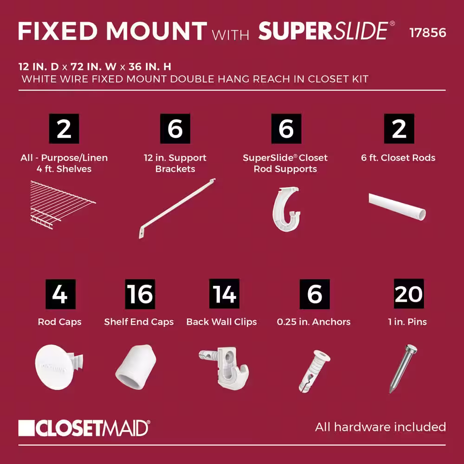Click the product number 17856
(x=428, y=33)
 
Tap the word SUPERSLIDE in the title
(x=323, y=31)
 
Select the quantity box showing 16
(x=140, y=294)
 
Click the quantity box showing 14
(x=224, y=294)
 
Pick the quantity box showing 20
(x=409, y=294)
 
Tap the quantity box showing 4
(x=60, y=294)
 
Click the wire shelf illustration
(x=63, y=205)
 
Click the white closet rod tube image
(x=397, y=206)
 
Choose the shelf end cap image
(x=136, y=367)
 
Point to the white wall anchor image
(x=314, y=371)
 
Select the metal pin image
(x=403, y=369)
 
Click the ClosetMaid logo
(x=84, y=428)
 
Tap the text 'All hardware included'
(x=380, y=427)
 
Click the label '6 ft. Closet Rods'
(x=398, y=158)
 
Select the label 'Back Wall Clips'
(x=222, y=322)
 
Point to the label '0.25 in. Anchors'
(x=314, y=322)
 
